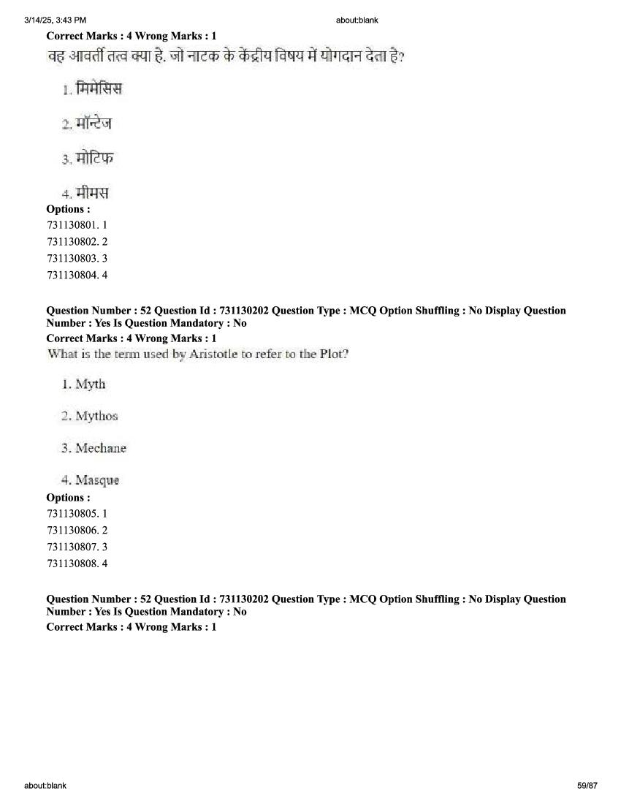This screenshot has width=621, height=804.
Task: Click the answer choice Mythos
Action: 96,416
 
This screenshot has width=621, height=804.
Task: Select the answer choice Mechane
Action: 101,448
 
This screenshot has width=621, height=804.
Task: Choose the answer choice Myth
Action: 91,384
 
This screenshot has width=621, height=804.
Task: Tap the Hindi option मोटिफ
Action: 95,158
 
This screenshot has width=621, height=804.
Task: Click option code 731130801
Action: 73,225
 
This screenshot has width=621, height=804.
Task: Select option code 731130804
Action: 73,276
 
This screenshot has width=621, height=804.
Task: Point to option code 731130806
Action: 73,530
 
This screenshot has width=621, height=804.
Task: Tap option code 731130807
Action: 73,547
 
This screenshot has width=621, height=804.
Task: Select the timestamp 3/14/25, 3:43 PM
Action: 55,20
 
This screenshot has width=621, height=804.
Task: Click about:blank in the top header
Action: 357,20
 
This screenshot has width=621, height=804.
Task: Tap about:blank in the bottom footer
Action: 45,786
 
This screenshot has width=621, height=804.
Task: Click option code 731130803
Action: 73,258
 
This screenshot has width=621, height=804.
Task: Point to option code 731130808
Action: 73,564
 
